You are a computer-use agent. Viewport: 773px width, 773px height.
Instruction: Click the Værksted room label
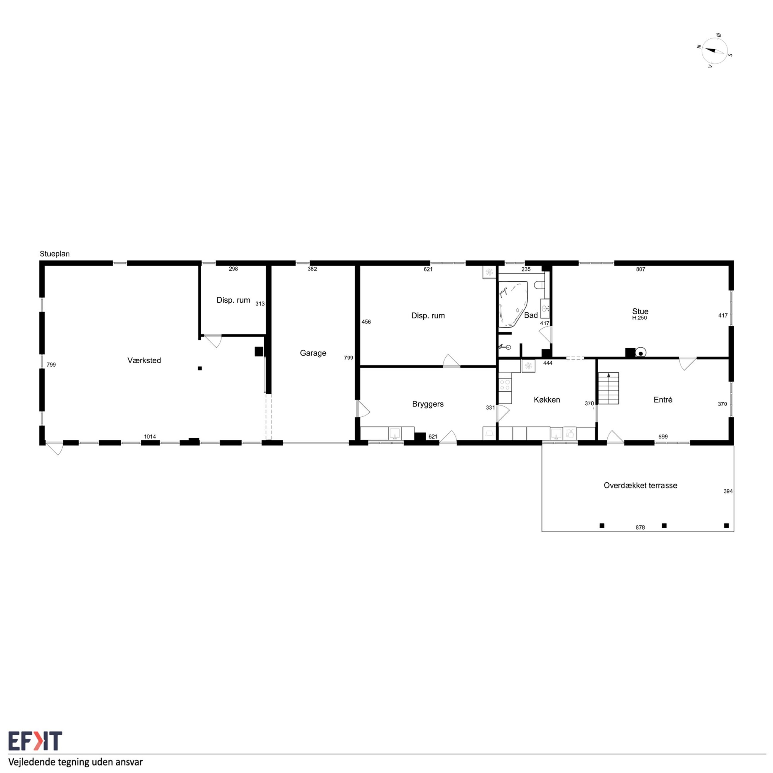(x=144, y=361)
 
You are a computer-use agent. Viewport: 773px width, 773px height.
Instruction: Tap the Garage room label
(x=313, y=353)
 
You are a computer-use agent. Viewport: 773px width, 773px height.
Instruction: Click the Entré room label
(x=663, y=400)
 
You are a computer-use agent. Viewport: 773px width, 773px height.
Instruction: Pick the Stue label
(x=640, y=311)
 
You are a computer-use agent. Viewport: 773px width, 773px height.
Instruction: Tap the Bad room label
(x=531, y=315)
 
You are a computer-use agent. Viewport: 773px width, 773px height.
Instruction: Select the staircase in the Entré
(x=608, y=388)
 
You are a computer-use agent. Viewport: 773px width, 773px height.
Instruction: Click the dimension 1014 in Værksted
(x=150, y=436)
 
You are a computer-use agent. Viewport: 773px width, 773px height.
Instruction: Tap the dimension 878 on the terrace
(x=640, y=528)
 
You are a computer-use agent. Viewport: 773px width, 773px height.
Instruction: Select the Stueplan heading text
(x=55, y=254)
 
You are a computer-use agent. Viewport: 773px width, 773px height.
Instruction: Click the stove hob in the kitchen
(x=505, y=385)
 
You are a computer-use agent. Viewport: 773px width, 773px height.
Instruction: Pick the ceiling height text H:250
(x=640, y=318)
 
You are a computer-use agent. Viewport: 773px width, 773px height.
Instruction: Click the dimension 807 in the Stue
(x=641, y=269)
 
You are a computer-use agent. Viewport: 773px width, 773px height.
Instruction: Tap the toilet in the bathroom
(x=540, y=285)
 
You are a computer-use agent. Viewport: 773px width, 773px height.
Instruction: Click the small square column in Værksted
(x=200, y=368)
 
